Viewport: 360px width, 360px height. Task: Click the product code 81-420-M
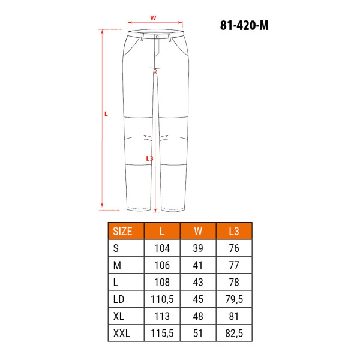(244, 25)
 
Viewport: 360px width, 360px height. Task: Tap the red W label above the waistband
(153, 18)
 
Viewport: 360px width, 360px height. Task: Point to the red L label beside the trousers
(106, 114)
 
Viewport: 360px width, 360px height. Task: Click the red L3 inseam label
(149, 158)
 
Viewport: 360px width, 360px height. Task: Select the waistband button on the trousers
(157, 37)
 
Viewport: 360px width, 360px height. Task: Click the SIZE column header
(122, 231)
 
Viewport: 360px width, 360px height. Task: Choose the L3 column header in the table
(234, 231)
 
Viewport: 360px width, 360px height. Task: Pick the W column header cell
(198, 231)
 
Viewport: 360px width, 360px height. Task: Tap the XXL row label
(121, 333)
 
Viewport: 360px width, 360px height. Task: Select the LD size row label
(118, 299)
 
